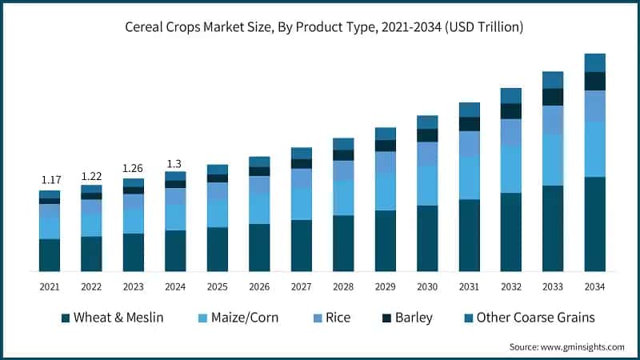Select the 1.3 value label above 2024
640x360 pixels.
[x=175, y=163]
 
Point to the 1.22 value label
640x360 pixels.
[x=91, y=175]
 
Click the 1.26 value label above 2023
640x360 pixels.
[x=133, y=169]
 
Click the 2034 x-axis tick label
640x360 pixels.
[x=594, y=286]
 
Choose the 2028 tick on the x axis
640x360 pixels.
[x=342, y=286]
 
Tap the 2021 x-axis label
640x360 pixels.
[x=49, y=286]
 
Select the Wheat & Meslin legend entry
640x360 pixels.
[x=112, y=318]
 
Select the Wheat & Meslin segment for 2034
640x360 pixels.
[x=594, y=224]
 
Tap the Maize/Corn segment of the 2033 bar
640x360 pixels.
[x=553, y=159]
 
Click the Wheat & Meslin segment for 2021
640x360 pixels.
[x=49, y=255]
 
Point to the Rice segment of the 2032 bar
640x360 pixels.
[x=510, y=132]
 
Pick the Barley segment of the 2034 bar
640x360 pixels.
[x=594, y=81]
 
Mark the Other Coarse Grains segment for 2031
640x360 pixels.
[x=469, y=110]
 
